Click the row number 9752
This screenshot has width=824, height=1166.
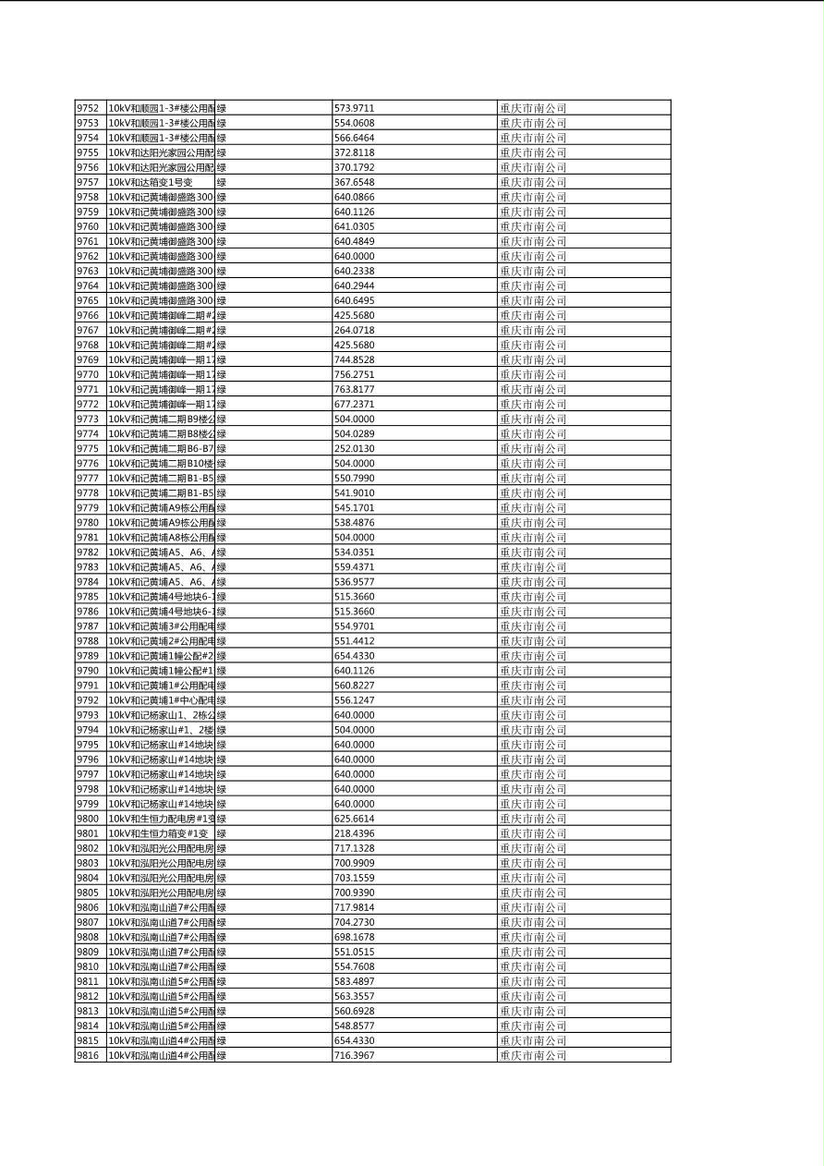pos(87,108)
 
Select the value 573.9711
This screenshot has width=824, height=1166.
pos(354,108)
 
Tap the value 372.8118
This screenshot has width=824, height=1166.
pos(354,152)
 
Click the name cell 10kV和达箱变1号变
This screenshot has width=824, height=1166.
pos(151,182)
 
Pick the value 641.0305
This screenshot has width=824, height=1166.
pos(354,226)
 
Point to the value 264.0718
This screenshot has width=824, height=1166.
pos(354,330)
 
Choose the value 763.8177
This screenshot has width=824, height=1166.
pos(354,389)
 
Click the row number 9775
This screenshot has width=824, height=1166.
pos(87,448)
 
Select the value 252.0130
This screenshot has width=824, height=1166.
pos(354,448)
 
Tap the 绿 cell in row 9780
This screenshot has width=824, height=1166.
pos(222,522)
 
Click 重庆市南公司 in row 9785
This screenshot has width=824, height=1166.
pos(533,596)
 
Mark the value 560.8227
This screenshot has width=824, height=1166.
pos(354,685)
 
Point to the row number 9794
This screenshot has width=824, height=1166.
pos(87,729)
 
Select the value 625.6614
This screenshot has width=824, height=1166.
pos(354,818)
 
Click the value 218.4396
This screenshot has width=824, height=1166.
pos(354,832)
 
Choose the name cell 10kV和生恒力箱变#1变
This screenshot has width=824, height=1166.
pos(158,832)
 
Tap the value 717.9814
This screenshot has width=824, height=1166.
pos(354,906)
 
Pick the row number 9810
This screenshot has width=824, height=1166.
pos(87,966)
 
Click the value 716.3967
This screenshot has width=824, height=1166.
pos(354,1054)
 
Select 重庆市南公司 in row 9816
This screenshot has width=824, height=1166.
pos(533,1054)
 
